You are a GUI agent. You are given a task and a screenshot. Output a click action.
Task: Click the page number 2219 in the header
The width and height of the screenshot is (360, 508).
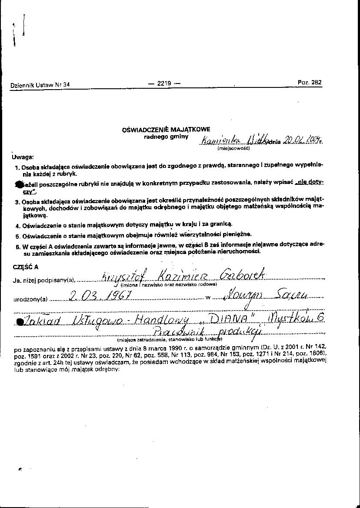[164, 83]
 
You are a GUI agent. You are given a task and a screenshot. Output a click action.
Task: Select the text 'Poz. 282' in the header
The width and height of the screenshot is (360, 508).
[310, 82]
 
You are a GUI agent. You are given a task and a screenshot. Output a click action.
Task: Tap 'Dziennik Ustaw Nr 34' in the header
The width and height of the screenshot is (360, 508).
[40, 85]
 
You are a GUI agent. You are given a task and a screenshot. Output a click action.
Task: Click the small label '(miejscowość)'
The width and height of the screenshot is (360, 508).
[233, 148]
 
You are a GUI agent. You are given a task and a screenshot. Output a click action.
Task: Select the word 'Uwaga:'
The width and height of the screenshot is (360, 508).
[22, 157]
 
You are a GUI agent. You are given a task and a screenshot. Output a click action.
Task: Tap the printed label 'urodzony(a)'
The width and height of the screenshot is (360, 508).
[31, 300]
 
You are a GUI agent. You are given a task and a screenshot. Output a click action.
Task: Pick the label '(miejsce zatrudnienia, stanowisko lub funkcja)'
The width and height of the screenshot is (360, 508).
[170, 339]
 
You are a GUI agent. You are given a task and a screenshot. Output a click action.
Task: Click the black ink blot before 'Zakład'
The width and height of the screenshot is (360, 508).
[19, 321]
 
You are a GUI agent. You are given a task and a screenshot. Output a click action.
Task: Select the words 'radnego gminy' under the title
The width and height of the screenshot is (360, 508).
[166, 137]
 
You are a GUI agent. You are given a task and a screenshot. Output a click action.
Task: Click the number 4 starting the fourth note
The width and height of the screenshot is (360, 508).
[17, 226]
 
